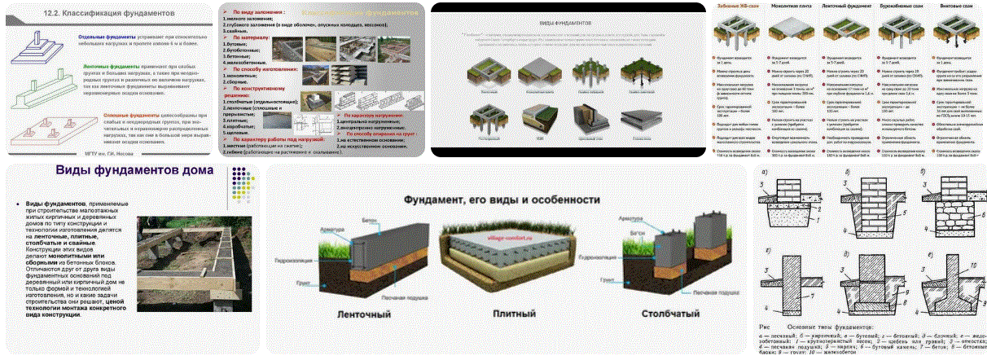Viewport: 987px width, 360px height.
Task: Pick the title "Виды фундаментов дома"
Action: [134, 172]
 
